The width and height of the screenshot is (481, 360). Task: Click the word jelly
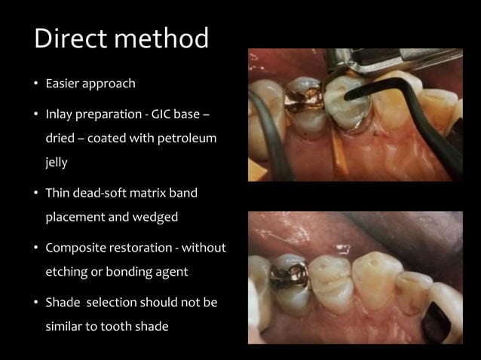pos(57,162)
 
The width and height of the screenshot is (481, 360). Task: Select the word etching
pos(66,270)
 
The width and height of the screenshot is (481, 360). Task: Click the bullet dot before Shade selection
pos(35,304)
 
